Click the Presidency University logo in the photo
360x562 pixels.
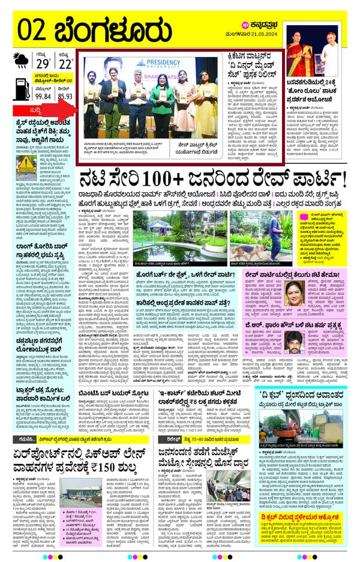coord(155,64)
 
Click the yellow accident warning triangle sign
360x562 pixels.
coord(25,163)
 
